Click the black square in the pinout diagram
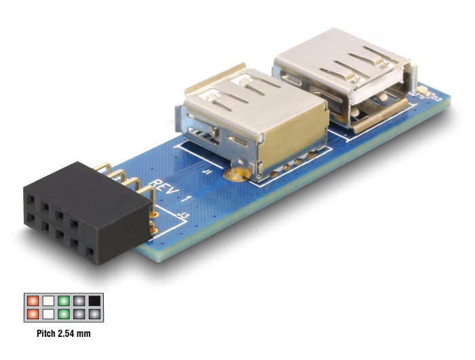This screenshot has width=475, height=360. point(94,300)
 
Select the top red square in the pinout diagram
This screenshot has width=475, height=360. point(31,300)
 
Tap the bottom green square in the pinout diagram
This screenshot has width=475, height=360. point(63,314)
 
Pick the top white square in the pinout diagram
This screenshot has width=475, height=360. point(47,300)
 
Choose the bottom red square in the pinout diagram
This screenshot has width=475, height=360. point(31,314)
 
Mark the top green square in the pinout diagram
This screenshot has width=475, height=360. point(63,300)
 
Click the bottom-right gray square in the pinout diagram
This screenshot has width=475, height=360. point(94,314)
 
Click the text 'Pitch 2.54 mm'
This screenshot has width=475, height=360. point(63,334)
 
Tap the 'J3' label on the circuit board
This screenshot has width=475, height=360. point(182,217)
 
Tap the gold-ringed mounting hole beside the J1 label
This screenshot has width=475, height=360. point(236,177)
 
